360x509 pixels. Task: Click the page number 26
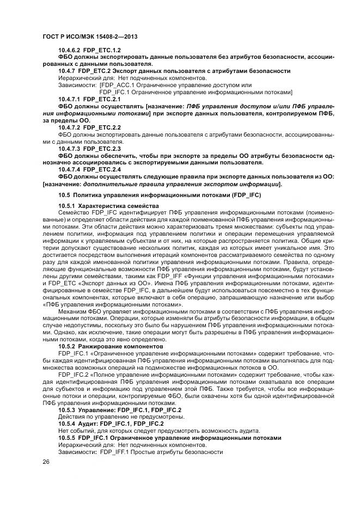click(x=46, y=462)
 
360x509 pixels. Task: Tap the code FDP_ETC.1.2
click(x=101, y=50)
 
